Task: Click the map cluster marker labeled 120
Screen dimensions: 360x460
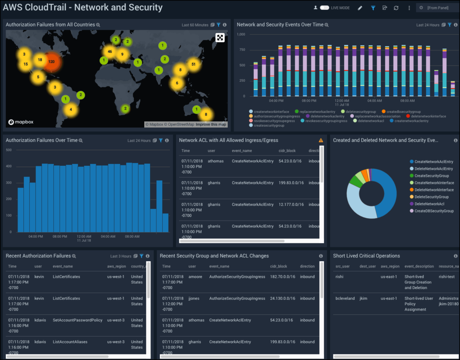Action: [52, 62]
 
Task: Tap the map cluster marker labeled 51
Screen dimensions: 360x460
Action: [193, 64]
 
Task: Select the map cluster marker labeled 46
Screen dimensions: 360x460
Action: [109, 52]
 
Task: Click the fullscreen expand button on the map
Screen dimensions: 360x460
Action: [220, 38]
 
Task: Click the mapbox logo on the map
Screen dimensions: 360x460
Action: [21, 122]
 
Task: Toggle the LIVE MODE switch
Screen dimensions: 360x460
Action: [324, 8]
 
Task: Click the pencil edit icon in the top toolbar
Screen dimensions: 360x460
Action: [360, 8]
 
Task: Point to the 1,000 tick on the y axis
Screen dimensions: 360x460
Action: [240, 35]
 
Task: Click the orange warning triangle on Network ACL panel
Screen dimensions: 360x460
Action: [321, 141]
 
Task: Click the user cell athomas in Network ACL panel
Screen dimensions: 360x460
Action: [216, 161]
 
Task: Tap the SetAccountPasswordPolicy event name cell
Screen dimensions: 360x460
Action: [77, 320]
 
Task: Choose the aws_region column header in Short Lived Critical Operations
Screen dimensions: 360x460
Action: [390, 267]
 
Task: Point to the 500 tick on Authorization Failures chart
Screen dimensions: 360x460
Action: [9, 150]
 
